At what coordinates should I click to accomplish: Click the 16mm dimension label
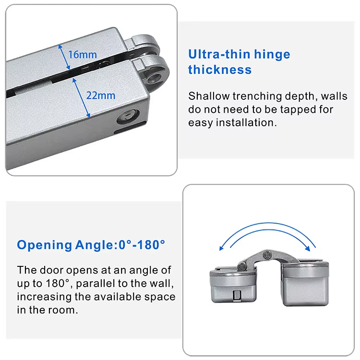click(83, 55)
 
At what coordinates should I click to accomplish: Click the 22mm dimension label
click(101, 96)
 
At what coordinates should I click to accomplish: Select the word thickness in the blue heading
click(220, 70)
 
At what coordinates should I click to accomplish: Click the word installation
click(246, 122)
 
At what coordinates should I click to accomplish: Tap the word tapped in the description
click(298, 109)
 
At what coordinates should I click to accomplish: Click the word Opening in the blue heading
click(45, 245)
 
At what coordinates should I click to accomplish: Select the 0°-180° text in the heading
click(142, 245)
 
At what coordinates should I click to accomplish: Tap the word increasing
click(44, 297)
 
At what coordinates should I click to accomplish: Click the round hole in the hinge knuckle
click(154, 78)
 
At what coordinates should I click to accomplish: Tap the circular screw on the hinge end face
click(128, 117)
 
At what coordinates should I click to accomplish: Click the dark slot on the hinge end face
click(130, 128)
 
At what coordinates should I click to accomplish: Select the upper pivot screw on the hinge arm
click(267, 254)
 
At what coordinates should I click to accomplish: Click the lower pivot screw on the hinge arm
click(241, 266)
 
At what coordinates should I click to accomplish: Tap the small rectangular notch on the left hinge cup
click(237, 295)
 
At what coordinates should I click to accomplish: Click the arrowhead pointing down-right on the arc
click(308, 248)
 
